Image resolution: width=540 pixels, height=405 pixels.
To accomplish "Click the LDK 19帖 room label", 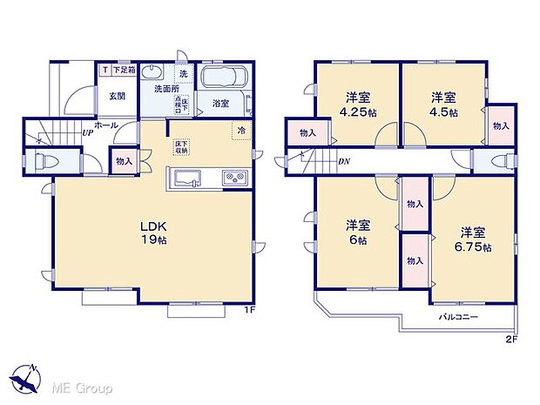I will tap(155, 233).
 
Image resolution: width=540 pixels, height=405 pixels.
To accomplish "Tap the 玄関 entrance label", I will tap(118, 96).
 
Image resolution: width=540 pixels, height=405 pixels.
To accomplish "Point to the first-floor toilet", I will tap(48, 162).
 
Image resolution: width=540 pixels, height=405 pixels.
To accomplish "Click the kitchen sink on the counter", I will tap(188, 179).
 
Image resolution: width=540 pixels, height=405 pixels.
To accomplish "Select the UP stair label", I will tap(88, 133).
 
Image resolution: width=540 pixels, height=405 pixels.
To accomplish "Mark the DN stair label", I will tap(344, 161).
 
